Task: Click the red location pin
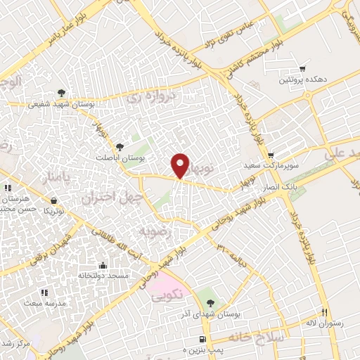click(x=181, y=165)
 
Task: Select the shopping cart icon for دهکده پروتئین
click(x=302, y=69)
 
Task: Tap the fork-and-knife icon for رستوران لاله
click(x=324, y=311)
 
